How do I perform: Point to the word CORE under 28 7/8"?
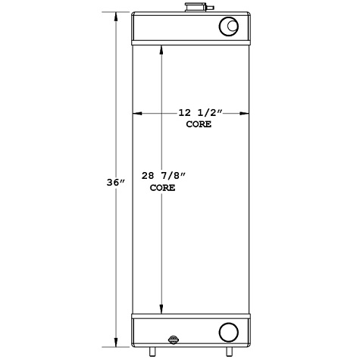coord(162,187)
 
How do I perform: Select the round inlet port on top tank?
coord(228,27)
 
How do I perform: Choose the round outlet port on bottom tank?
coord(228,331)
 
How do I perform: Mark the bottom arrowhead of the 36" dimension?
coord(116,341)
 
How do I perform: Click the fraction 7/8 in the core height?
coord(168,177)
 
